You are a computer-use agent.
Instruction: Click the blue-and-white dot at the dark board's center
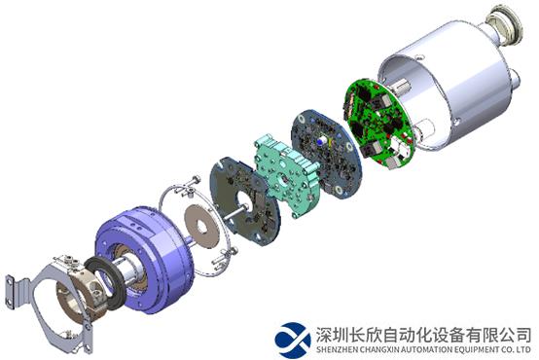[322, 141]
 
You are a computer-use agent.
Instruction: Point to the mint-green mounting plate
[286, 175]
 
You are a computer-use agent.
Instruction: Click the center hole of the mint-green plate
[283, 179]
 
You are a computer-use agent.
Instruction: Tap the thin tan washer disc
[202, 226]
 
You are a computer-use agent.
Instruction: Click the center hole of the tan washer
[201, 227]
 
